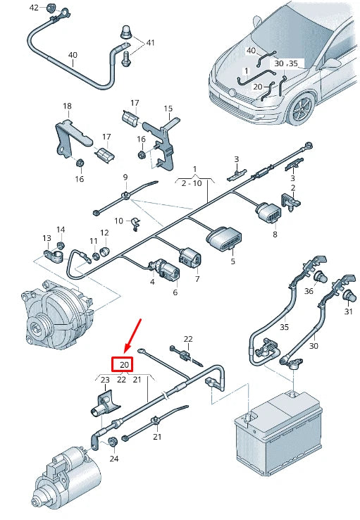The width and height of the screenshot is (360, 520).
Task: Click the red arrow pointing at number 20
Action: pyautogui.click(x=133, y=335)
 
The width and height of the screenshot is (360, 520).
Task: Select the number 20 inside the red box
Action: pyautogui.click(x=124, y=365)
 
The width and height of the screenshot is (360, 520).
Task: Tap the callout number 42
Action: pyautogui.click(x=34, y=8)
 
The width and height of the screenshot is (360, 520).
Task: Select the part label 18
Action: pyautogui.click(x=67, y=106)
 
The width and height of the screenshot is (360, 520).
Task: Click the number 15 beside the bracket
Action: pyautogui.click(x=168, y=109)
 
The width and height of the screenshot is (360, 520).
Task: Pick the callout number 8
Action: pyautogui.click(x=275, y=234)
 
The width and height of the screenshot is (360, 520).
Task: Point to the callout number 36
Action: pyautogui.click(x=309, y=291)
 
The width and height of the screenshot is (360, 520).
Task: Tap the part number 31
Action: pyautogui.click(x=348, y=311)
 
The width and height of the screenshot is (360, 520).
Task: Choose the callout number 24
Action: pyautogui.click(x=114, y=459)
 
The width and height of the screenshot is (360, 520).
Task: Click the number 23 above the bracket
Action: pyautogui.click(x=104, y=380)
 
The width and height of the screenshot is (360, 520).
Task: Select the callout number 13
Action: pyautogui.click(x=46, y=239)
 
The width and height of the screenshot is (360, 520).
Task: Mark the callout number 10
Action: pyautogui.click(x=118, y=221)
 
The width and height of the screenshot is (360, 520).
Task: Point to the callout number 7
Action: pyautogui.click(x=197, y=279)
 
